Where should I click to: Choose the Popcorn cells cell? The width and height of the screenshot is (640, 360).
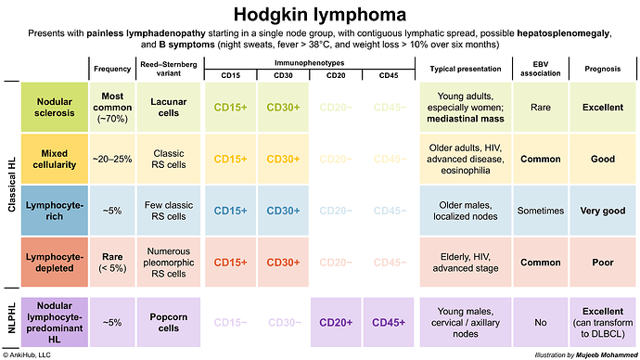tap(169, 322)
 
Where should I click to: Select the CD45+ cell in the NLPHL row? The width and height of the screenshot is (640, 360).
tap(389, 322)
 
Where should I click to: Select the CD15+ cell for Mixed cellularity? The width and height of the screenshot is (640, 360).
tap(230, 159)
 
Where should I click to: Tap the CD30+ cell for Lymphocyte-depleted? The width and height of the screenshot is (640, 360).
tap(283, 263)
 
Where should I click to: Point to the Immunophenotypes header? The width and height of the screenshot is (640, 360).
tap(309, 60)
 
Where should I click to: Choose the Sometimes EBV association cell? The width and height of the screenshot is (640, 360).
tap(539, 211)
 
